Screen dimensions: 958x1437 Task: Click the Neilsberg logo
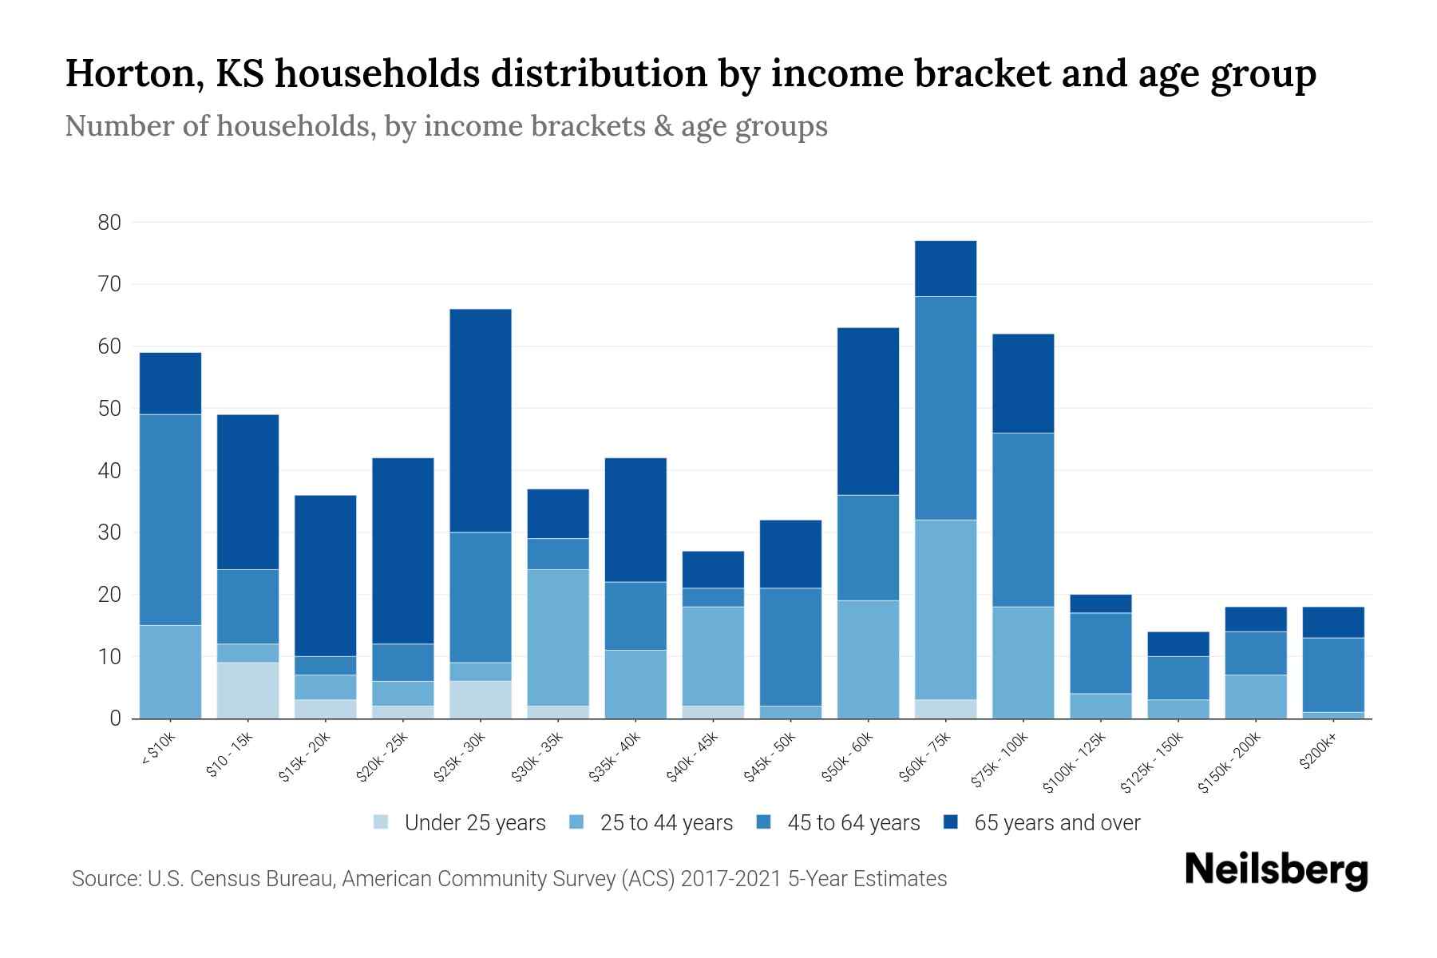[1276, 870]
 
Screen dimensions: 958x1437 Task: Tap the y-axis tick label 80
[109, 223]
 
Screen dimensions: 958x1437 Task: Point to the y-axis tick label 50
[109, 409]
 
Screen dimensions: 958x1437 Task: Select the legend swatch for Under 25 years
[381, 821]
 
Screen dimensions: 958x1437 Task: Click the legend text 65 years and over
[1057, 823]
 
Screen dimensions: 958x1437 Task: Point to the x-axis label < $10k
[158, 749]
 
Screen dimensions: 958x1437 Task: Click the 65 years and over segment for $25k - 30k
[481, 420]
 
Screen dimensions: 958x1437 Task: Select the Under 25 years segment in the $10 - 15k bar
[247, 691]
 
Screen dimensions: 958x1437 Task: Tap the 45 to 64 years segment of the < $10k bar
[170, 520]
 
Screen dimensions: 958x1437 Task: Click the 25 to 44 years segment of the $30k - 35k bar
[558, 637]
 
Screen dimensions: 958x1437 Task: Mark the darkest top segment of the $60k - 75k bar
[945, 268]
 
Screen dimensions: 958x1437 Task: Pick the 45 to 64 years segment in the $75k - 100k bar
[1023, 520]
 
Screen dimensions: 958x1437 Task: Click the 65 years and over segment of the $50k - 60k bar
[868, 411]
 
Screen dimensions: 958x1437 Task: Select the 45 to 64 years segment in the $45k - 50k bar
[790, 647]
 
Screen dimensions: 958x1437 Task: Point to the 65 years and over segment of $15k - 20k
[325, 576]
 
